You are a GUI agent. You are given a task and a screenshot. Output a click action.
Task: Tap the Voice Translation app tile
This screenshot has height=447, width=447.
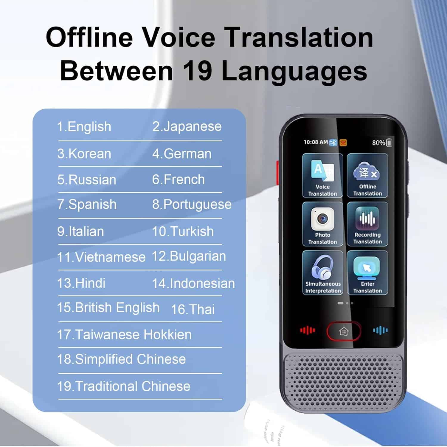(322, 175)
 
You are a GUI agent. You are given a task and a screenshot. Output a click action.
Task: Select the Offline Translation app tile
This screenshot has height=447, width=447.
(367, 175)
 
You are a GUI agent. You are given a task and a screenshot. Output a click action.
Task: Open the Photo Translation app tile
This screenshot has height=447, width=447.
(322, 224)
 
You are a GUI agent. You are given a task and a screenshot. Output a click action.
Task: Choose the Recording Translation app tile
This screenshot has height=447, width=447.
(367, 224)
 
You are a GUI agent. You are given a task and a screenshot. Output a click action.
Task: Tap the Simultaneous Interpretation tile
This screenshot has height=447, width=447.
(322, 273)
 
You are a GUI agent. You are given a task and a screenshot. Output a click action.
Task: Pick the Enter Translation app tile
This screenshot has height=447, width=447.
(367, 273)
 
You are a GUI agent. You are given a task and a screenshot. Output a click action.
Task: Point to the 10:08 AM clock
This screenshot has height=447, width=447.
(316, 142)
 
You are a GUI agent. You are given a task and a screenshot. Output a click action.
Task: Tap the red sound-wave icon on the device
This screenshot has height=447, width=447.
(308, 330)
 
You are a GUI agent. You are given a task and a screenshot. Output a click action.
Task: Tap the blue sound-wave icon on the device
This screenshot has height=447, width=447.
(381, 330)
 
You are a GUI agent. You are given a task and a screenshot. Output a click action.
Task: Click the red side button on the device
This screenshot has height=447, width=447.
(278, 172)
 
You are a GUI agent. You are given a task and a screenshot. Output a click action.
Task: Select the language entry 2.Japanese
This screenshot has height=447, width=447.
(187, 126)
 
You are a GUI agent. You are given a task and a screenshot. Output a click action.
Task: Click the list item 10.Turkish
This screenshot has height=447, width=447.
(183, 231)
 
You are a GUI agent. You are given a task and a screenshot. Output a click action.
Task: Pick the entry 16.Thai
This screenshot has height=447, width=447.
(193, 309)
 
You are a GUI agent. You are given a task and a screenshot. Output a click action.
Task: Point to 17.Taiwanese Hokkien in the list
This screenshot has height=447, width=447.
(124, 335)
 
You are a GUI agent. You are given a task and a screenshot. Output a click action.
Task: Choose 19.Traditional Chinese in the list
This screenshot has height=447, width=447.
(124, 386)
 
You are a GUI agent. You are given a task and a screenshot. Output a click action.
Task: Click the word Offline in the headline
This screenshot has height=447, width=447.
(89, 37)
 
